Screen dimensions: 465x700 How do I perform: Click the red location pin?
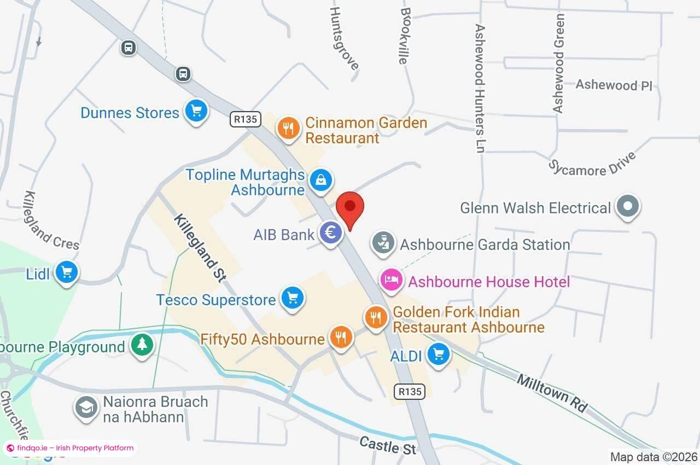[350, 208]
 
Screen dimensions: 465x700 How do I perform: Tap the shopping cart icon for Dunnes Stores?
[196, 111]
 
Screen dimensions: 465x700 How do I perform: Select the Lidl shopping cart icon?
[67, 272]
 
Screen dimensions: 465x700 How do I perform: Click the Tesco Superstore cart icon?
[292, 298]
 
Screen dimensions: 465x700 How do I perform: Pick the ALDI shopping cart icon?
[438, 354]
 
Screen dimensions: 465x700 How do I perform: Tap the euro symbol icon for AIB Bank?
[330, 233]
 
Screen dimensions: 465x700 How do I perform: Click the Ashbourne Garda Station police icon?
[383, 243]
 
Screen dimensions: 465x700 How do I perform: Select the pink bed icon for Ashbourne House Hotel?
[392, 280]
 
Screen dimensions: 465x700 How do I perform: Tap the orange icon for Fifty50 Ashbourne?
[341, 337]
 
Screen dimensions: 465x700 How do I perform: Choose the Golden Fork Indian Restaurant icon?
[376, 317]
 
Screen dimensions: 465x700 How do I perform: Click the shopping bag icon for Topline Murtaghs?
[320, 179]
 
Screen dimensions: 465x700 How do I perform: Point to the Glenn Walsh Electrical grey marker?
[627, 206]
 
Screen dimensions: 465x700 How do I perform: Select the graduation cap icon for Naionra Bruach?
[86, 408]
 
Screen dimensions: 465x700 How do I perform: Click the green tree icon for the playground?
[142, 345]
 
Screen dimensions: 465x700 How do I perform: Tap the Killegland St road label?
[200, 248]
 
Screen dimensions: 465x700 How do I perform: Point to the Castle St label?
[388, 445]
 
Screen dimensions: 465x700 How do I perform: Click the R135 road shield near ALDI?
[410, 391]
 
